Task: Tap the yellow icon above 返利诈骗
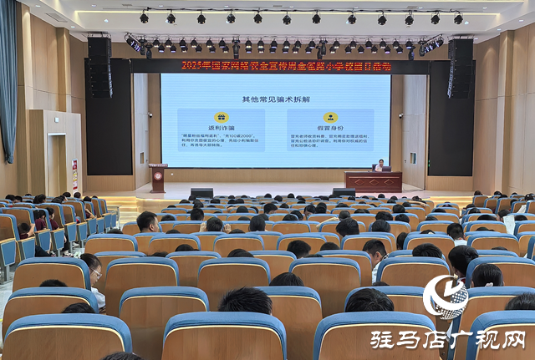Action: (221, 118)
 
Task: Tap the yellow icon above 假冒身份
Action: (330, 118)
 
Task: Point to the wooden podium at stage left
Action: (158, 177)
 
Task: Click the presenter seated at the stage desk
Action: (380, 165)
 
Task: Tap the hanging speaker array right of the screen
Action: (460, 67)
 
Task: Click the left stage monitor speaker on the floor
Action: (201, 193)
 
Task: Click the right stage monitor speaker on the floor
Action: (344, 193)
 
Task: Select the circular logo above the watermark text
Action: (445, 297)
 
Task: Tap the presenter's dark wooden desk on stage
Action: (373, 180)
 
